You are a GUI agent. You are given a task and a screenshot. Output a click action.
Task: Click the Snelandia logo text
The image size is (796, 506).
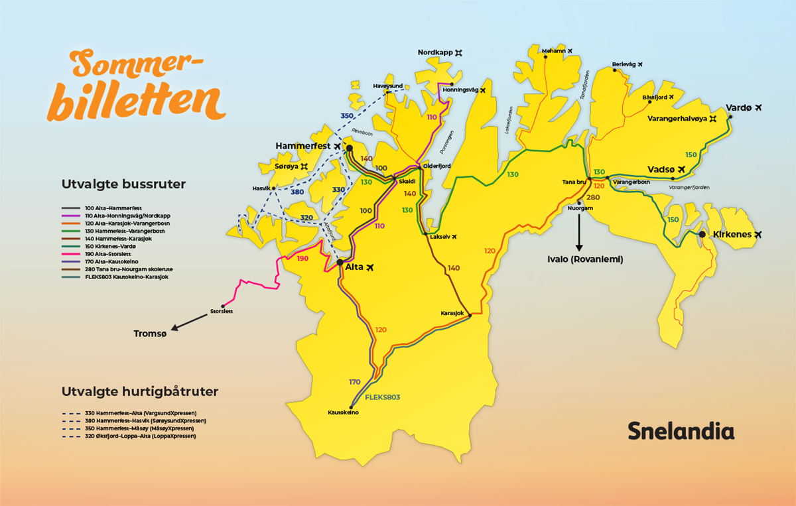pos(681,431)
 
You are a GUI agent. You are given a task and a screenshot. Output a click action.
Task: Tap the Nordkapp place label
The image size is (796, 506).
pos(434,52)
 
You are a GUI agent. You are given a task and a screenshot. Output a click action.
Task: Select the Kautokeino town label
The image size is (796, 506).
pos(343,412)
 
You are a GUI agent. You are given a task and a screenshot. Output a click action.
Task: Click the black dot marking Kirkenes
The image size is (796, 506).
pos(702,234)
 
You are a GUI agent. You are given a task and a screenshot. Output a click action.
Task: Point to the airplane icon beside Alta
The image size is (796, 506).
pos(369,267)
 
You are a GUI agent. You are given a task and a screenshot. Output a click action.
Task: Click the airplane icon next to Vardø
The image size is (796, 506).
pos(758,107)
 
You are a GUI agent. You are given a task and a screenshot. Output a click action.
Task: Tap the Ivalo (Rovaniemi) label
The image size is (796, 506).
pos(584,260)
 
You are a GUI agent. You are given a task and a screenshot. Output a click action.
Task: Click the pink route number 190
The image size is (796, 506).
pos(302,259)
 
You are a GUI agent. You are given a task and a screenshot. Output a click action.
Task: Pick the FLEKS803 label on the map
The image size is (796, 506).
pos(383,397)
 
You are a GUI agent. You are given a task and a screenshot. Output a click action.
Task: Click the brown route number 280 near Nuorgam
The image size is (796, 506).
pos(592,198)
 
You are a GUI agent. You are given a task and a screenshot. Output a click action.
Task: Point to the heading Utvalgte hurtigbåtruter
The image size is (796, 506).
pos(139,392)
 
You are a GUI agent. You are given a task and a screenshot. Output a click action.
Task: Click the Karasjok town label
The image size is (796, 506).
pos(452,312)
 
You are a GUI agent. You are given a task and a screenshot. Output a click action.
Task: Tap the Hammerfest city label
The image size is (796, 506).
pos(302,146)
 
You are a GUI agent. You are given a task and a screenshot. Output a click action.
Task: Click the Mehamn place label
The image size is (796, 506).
pos(554,50)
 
